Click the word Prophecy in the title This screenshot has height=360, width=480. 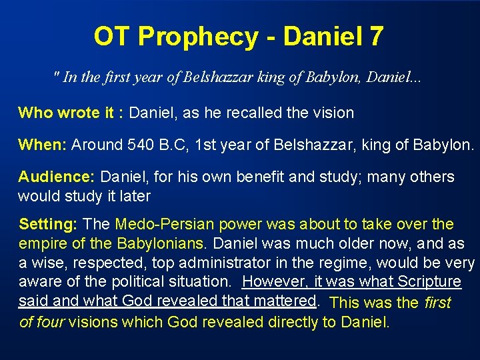209,37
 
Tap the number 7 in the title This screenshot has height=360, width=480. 375,37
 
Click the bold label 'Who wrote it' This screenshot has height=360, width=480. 65,113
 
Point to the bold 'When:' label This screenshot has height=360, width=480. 42,145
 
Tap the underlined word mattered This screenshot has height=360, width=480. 283,301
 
